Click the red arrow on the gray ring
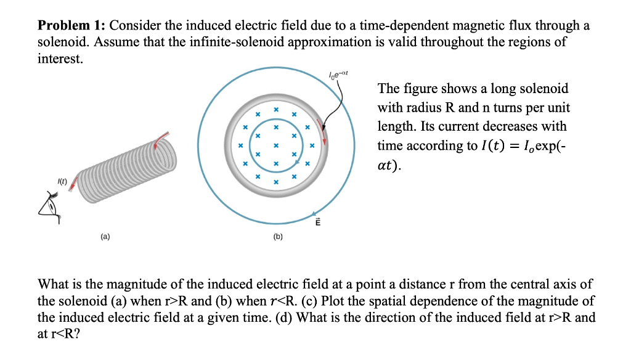(x=320, y=126)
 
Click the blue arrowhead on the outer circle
(x=317, y=210)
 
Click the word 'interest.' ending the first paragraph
(x=60, y=60)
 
